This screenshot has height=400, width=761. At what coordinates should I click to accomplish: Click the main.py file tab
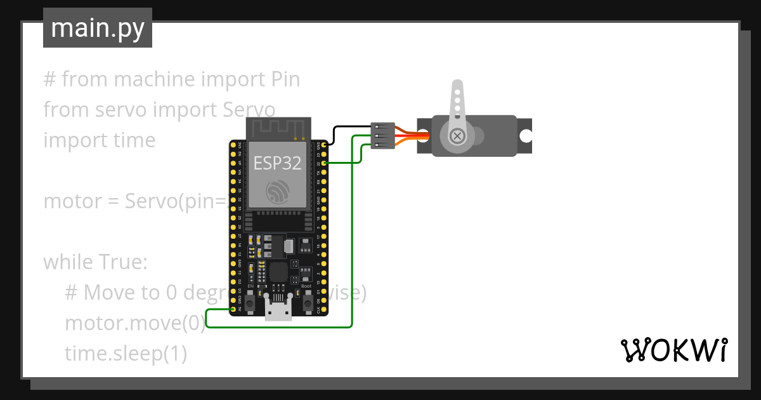pyautogui.click(x=97, y=28)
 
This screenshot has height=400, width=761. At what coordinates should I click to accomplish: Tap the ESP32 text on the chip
pyautogui.click(x=277, y=163)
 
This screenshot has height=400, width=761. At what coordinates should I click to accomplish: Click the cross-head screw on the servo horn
pyautogui.click(x=457, y=135)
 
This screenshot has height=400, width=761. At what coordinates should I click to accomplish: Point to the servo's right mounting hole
pyautogui.click(x=526, y=136)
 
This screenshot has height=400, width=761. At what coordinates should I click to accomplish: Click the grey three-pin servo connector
pyautogui.click(x=383, y=136)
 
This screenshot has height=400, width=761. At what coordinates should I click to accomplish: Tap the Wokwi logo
pyautogui.click(x=673, y=350)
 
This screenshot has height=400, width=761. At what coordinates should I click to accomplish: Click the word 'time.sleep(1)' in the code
pyautogui.click(x=126, y=354)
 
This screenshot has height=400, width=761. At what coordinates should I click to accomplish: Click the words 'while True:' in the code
pyautogui.click(x=95, y=262)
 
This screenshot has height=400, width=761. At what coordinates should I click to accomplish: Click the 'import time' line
pyautogui.click(x=99, y=140)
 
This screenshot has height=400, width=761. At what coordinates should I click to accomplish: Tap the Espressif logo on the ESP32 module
pyautogui.click(x=277, y=192)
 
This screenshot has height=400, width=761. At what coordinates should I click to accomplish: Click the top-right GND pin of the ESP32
pyautogui.click(x=324, y=145)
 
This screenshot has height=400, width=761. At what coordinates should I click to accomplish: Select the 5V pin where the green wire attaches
pyautogui.click(x=233, y=309)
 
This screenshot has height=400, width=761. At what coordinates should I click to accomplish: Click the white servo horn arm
pyautogui.click(x=456, y=102)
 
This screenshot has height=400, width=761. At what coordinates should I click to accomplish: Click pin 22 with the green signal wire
pyautogui.click(x=324, y=164)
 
